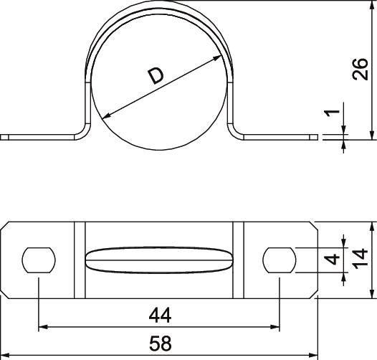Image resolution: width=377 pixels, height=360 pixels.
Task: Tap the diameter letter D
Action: pos(155,75)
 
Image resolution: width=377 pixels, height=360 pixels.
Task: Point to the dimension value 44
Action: pos(160,315)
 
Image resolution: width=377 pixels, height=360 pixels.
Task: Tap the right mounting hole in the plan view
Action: pos(280,259)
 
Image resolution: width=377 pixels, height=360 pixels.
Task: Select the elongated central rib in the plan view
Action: pos(159,259)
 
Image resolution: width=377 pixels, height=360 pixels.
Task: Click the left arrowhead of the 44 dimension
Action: pos(42,328)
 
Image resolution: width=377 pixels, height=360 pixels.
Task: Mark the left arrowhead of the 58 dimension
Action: pos(4,356)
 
